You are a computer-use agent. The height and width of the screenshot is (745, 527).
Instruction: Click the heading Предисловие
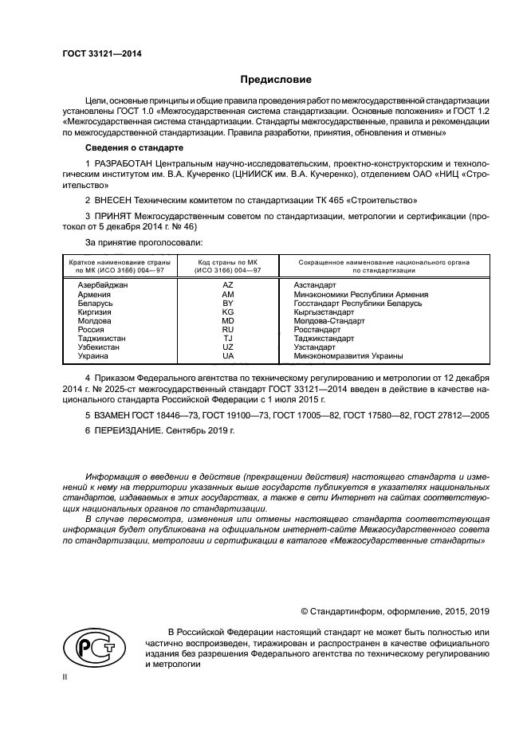[277, 80]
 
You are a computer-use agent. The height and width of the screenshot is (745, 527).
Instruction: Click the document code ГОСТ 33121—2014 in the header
[97, 54]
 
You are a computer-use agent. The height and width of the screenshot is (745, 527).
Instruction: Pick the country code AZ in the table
[227, 284]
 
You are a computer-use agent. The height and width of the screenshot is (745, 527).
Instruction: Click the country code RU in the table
[227, 328]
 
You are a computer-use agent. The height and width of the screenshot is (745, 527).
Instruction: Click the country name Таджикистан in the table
[101, 338]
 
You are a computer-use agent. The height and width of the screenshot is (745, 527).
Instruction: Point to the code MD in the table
[227, 320]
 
